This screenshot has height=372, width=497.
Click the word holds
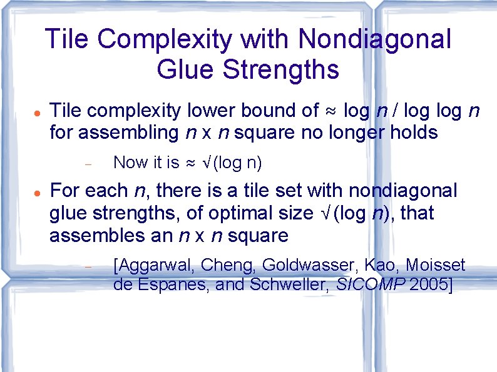pos(411,133)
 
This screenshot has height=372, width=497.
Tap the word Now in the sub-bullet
pos(130,163)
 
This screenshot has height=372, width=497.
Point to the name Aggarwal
pos(155,265)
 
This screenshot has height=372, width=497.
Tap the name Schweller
pos(288,286)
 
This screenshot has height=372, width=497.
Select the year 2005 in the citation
pos(426,286)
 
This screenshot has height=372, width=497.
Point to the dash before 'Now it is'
pos(88,164)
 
